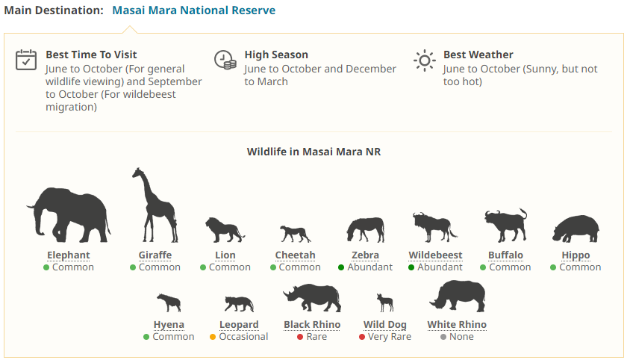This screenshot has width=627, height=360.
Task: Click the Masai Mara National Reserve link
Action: pos(193,10)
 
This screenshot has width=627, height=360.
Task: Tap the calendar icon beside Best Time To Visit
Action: pos(26,60)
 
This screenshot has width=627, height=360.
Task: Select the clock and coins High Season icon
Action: pos(225,60)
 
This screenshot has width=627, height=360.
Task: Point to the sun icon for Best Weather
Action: pos(424,60)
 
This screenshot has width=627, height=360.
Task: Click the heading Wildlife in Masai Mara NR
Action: pos(313,152)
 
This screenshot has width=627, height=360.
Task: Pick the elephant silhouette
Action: pos(69,215)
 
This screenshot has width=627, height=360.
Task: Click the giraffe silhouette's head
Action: pos(138,173)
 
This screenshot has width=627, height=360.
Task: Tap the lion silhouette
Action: pos(225,230)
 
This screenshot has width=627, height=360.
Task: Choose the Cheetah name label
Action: pos(295,255)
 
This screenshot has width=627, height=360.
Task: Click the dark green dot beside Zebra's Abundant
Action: pos(341,267)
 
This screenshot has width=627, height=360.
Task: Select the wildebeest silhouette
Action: pos(434,227)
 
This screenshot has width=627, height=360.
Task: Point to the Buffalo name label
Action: pos(505,255)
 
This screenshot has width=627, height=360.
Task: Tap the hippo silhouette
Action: pos(575,229)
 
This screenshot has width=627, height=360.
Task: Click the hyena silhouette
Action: pos(169,302)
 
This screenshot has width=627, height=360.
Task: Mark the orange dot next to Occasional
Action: pos(213,337)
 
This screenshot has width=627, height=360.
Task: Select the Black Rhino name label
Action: pos(312,325)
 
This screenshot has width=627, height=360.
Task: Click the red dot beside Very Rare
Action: pos(362,337)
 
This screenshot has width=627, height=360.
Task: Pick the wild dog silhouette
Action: pos(385,302)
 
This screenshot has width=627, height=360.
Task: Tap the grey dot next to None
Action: pos(443,337)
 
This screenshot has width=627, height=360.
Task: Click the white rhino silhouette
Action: pos(458,296)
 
